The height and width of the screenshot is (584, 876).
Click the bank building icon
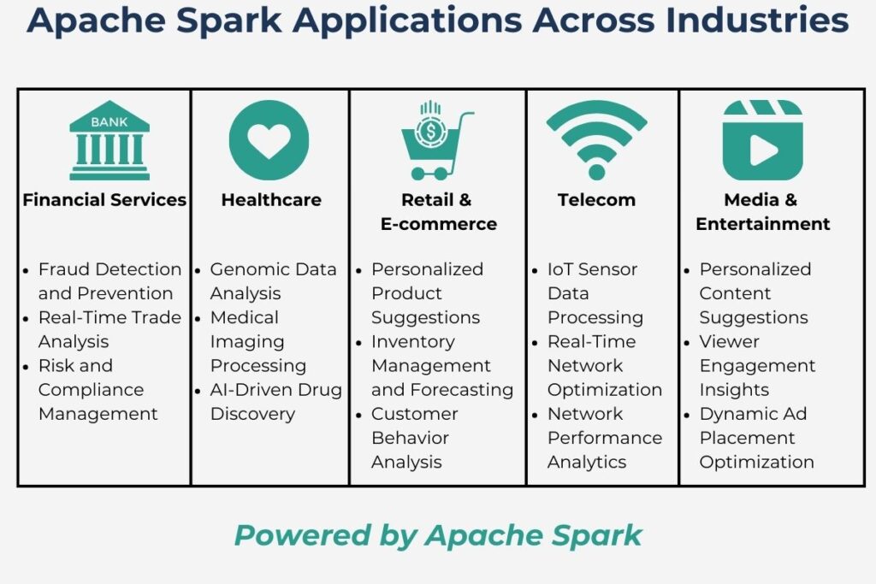point(109,140)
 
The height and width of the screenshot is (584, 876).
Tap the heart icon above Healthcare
point(269,140)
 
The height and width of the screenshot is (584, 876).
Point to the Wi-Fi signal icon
point(596,140)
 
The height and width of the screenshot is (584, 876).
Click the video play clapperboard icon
point(762,140)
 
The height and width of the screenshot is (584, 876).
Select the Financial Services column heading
point(104,200)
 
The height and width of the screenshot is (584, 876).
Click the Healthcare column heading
point(271,200)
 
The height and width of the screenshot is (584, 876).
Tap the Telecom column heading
point(596,200)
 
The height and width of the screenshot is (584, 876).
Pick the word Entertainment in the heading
point(762,224)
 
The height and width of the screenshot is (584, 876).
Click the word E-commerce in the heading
point(439,224)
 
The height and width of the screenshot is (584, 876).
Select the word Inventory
point(413,342)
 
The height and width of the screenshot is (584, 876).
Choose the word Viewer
point(729,342)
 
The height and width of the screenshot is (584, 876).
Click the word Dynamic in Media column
point(737,414)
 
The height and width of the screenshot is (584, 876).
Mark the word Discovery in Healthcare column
point(252,414)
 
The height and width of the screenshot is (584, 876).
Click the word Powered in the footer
point(302,535)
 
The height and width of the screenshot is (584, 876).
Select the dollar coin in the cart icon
point(429,132)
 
